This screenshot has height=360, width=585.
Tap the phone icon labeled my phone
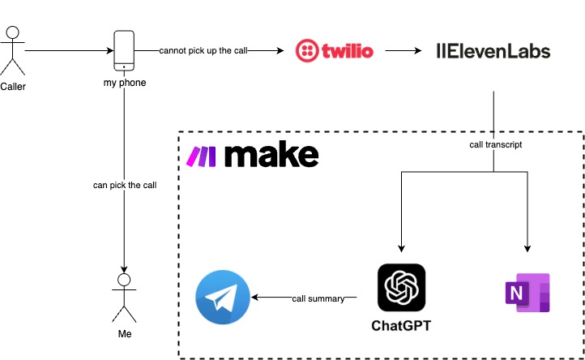pos(124,50)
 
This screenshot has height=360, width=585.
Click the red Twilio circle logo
pos(310,51)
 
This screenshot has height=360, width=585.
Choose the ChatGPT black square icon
pos(401,288)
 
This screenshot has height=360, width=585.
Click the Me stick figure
pos(124,298)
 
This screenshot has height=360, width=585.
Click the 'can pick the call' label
pos(124,186)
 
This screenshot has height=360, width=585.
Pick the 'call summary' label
pos(319,298)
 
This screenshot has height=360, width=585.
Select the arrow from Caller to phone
pos(68,51)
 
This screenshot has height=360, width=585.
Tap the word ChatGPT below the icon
pos(401,327)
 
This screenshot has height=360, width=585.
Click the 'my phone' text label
pos(124,82)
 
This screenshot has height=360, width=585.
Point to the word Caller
pos(13,86)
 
